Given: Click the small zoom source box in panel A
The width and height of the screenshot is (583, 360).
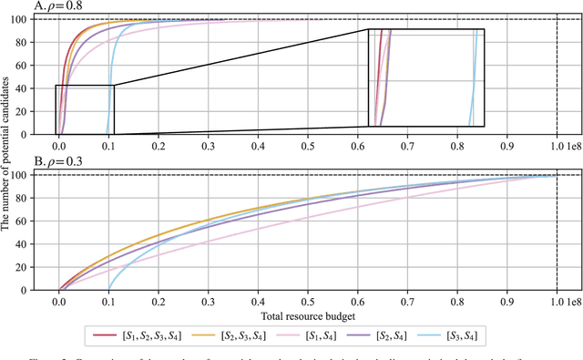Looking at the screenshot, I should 85,109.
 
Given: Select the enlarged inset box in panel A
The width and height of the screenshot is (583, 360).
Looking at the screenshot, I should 425,77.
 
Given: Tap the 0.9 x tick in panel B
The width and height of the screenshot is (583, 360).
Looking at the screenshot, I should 506,299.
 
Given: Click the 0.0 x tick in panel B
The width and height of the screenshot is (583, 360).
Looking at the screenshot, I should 59,299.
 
